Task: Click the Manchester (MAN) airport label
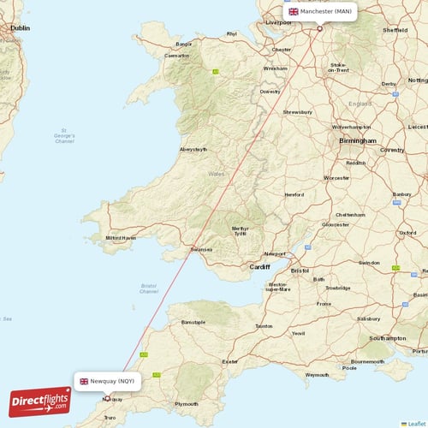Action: coord(320,12)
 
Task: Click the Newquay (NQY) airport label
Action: coord(107,381)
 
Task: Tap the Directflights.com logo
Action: coord(40,401)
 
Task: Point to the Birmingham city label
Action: coord(357,140)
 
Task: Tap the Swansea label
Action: coord(201,250)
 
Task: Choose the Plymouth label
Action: coord(186,403)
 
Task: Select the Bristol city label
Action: coord(300,270)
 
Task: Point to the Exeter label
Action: coord(230,361)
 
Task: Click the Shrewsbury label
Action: coord(298,111)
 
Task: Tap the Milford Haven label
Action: coord(121,237)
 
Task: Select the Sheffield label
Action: coord(395,29)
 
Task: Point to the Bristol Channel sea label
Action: coord(148,288)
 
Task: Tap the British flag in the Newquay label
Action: coord(84,381)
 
